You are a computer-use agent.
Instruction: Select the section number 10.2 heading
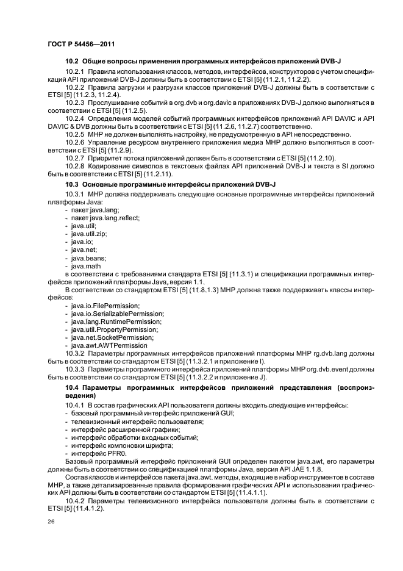click(x=72, y=62)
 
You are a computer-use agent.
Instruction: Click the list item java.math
click(x=88, y=265)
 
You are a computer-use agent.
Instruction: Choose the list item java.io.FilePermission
click(x=105, y=305)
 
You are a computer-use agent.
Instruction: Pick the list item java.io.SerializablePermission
click(x=113, y=313)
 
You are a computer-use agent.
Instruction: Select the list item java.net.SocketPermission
click(x=112, y=337)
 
